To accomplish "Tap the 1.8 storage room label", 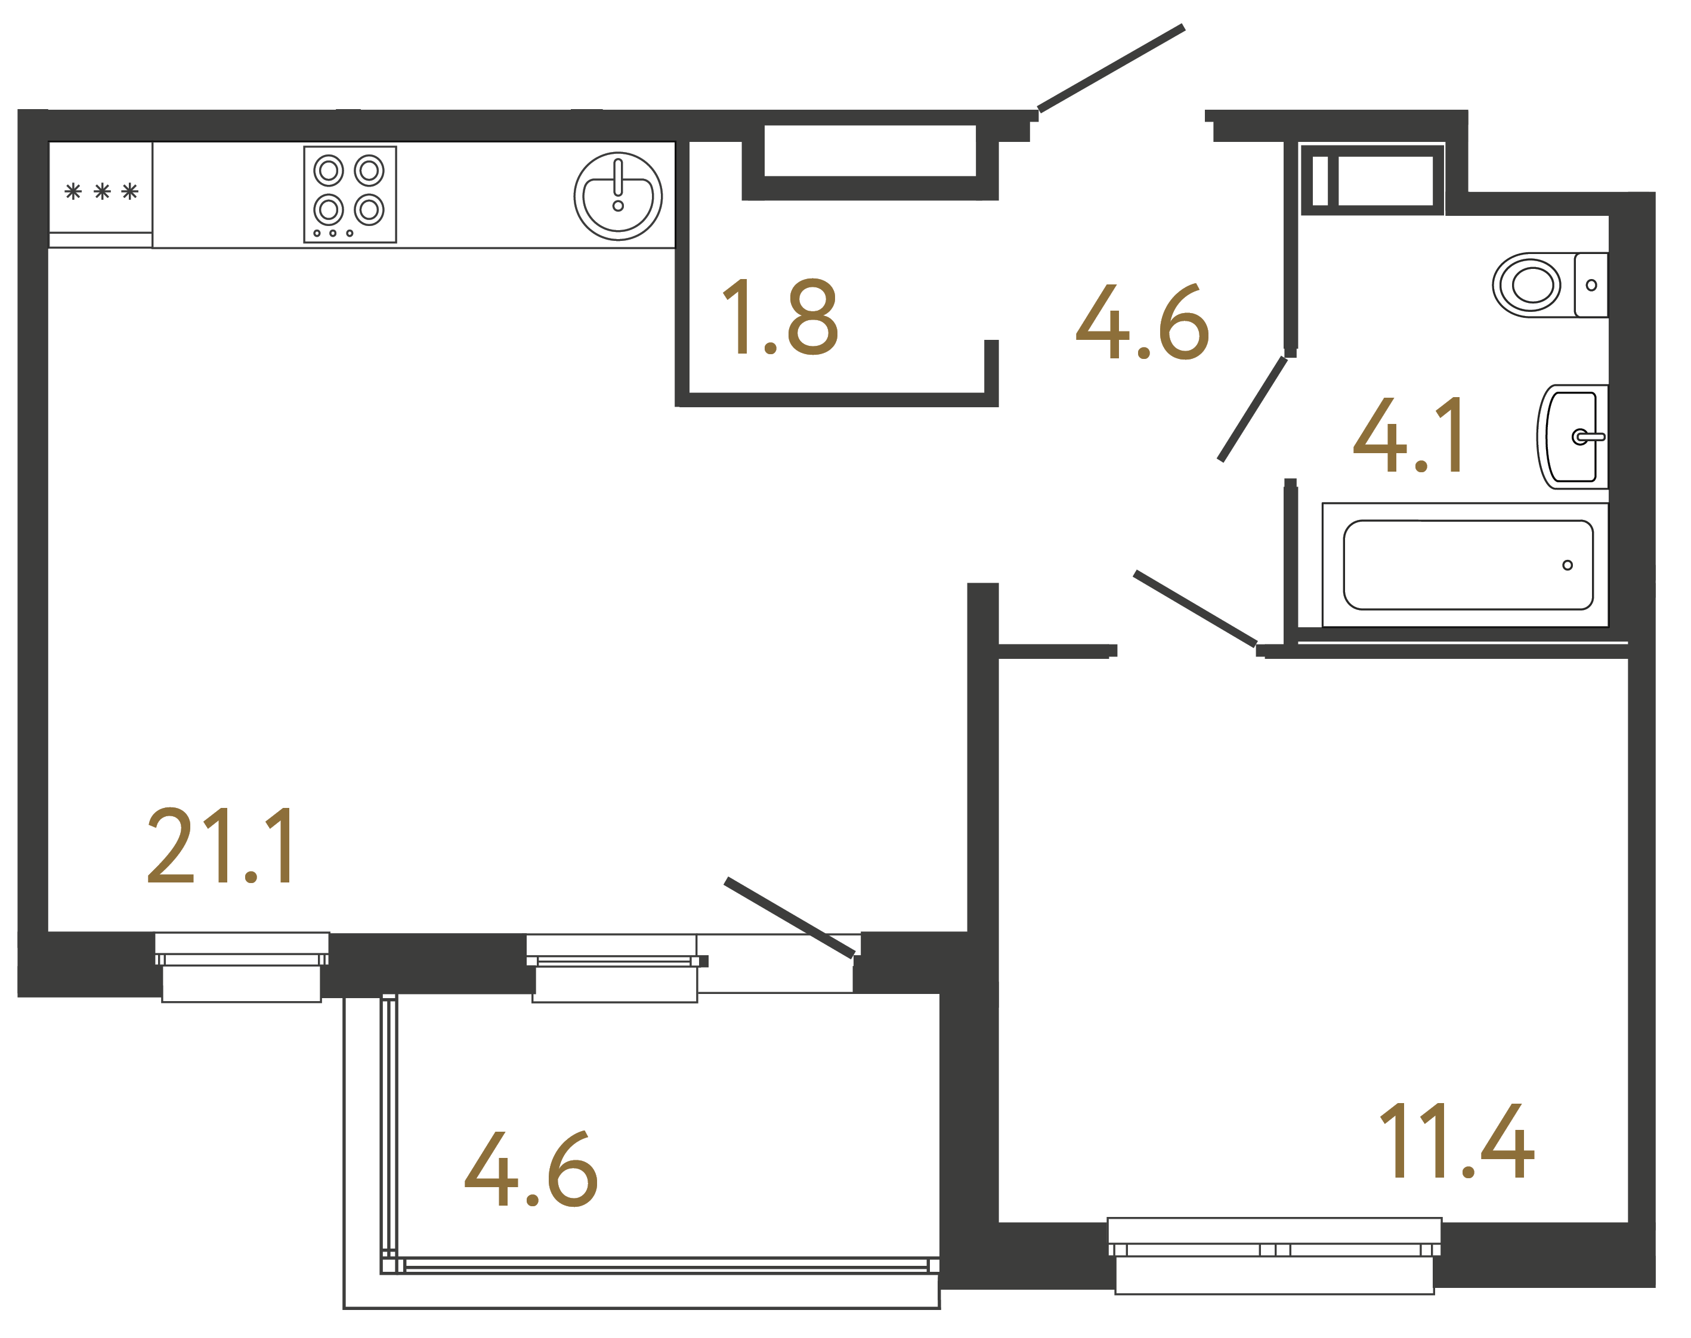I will [780, 317].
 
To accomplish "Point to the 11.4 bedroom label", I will [1455, 1141].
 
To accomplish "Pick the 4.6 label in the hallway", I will [1142, 322].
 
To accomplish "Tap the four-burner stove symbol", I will [350, 194].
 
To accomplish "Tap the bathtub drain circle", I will [1567, 565].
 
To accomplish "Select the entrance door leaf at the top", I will [1111, 68].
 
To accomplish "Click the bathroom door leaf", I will [1252, 409].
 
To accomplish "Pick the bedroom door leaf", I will [1194, 609].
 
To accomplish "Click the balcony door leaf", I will [789, 917].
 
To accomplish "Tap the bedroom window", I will [1274, 1250].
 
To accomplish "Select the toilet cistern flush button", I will [1591, 285].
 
